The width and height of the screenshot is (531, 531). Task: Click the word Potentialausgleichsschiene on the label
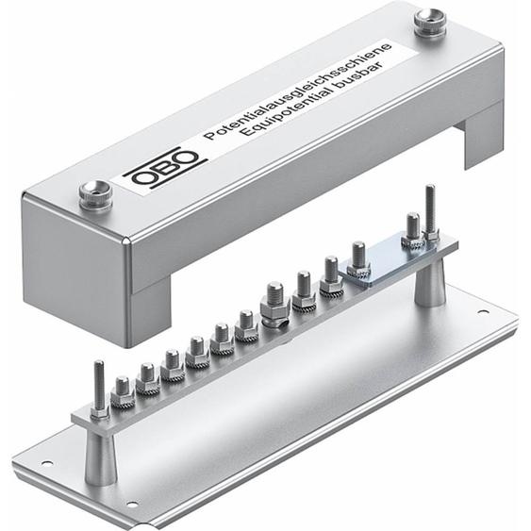click(298, 90)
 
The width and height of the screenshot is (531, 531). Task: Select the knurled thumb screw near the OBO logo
click(95, 196)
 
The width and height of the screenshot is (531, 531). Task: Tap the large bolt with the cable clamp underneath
click(274, 304)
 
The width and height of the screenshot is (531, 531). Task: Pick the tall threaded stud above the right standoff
click(431, 211)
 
